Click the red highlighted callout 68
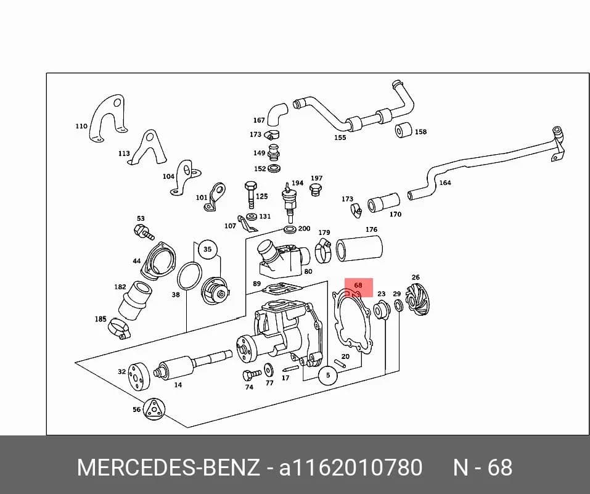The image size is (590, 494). coord(359,287)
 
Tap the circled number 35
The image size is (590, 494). coord(207,249)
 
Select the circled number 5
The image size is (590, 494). coord(328,375)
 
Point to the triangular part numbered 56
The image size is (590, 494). coord(154,408)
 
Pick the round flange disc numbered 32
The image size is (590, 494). coord(138,377)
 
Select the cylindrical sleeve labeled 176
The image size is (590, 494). coord(359,248)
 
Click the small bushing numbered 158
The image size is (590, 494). coord(403,130)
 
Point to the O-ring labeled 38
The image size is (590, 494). coord(189,277)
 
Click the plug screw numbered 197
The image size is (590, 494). coord(314,190)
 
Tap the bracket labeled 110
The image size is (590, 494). coord(108,118)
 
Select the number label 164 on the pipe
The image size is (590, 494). coord(445,183)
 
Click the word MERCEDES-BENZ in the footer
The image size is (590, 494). coord(168,467)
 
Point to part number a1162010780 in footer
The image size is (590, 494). coord(350,467)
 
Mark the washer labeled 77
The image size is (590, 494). coord(269,369)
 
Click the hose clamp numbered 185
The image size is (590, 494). coord(119,328)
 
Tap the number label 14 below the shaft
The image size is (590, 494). coord(178,385)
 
